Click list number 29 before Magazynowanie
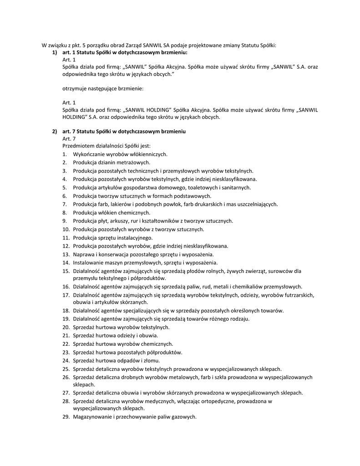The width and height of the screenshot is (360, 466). click(66, 417)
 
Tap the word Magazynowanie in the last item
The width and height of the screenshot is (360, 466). click(92, 417)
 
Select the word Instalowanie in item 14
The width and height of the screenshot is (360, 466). click(87, 263)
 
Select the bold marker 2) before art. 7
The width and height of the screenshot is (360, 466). click(55, 132)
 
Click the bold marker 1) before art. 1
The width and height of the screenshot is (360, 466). click(55, 53)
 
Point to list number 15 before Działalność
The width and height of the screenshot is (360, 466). click(66, 271)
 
